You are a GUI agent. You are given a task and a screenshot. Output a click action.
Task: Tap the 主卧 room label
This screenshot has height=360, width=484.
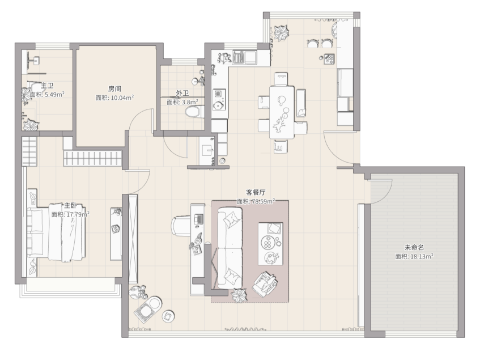click(70, 206)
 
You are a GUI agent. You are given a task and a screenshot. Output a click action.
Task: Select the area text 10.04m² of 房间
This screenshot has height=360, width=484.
click(122, 98)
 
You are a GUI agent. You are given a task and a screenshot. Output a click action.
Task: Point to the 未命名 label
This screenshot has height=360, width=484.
click(414, 247)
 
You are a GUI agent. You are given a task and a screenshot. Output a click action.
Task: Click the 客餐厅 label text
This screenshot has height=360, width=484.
click(256, 192)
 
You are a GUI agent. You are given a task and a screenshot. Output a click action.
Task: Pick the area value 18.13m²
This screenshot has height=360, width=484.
click(422, 256)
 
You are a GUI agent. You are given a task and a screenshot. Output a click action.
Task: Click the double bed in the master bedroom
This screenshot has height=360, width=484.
click(56, 232)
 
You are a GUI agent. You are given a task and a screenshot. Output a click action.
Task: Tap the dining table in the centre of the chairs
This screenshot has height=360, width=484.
click(282, 113)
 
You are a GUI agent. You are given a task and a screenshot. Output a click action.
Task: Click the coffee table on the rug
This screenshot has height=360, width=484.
click(271, 244)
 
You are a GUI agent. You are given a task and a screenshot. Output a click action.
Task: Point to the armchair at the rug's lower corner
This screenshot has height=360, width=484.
click(265, 283)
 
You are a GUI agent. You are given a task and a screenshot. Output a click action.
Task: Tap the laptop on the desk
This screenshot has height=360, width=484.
click(198, 219)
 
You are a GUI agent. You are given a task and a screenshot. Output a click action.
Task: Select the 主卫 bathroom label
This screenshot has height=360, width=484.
click(47, 86)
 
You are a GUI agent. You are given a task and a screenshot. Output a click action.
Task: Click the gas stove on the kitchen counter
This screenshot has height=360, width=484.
click(219, 100)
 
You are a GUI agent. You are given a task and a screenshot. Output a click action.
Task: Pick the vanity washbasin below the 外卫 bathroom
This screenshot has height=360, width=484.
click(206, 151)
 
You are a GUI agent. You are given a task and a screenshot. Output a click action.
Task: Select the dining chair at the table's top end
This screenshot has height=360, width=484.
click(281, 79)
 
